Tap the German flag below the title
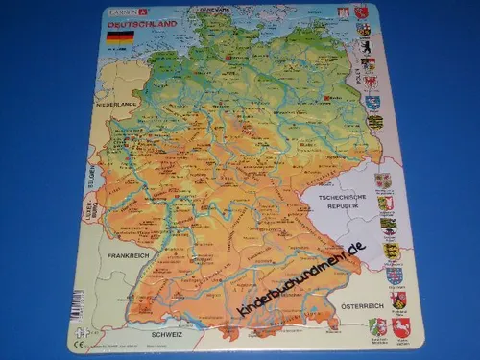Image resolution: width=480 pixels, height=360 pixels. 120,39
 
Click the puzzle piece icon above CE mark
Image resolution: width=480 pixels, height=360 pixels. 76,329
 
